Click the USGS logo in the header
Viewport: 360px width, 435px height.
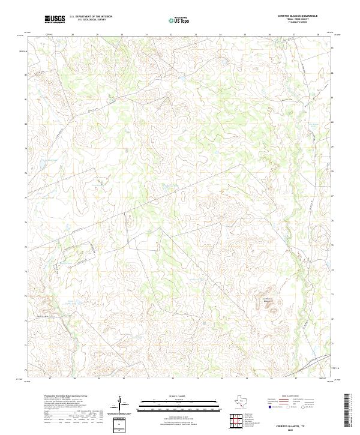pos(55,19)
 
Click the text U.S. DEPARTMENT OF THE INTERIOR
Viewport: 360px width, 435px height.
pos(91,17)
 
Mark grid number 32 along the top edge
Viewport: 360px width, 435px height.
pos(171,35)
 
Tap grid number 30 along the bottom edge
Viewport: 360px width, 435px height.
pos(122,379)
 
